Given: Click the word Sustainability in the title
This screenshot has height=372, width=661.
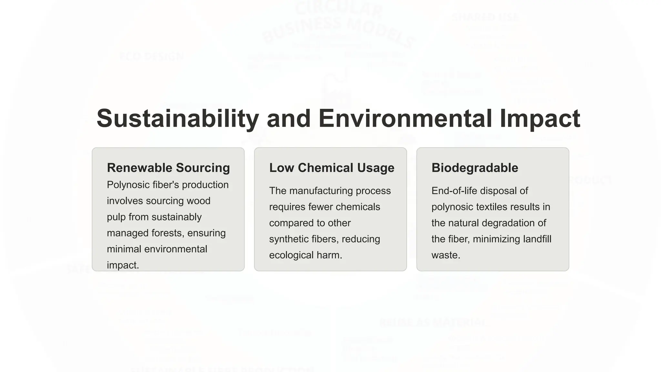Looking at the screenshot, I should [x=178, y=119].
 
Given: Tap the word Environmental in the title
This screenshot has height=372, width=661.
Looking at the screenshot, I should [x=405, y=119].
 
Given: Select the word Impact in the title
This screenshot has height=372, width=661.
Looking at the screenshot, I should [x=540, y=119].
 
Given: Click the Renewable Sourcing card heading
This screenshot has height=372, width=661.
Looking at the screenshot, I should [x=168, y=168].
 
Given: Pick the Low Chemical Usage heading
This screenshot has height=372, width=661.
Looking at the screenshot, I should [x=331, y=168].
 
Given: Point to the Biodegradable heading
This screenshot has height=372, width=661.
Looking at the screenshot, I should [x=474, y=168].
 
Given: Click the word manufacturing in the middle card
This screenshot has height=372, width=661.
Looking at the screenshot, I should [x=321, y=191].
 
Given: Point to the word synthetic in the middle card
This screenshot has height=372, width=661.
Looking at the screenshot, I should [x=289, y=239].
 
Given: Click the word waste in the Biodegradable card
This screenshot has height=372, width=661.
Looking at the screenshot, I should [x=445, y=255].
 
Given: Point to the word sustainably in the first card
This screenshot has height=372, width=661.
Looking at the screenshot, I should [x=176, y=217].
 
